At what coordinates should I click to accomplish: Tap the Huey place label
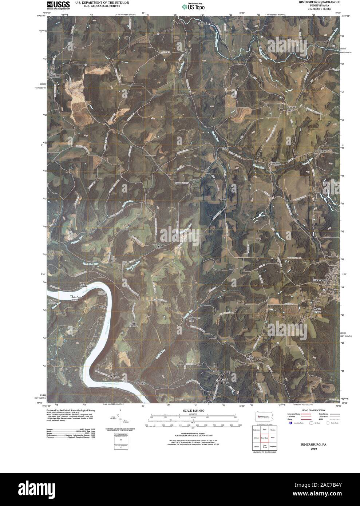coord(323,151)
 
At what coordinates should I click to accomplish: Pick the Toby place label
coord(225,149)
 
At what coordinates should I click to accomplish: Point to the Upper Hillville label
coord(83,285)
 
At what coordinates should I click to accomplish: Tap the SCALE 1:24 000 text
coord(191,411)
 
